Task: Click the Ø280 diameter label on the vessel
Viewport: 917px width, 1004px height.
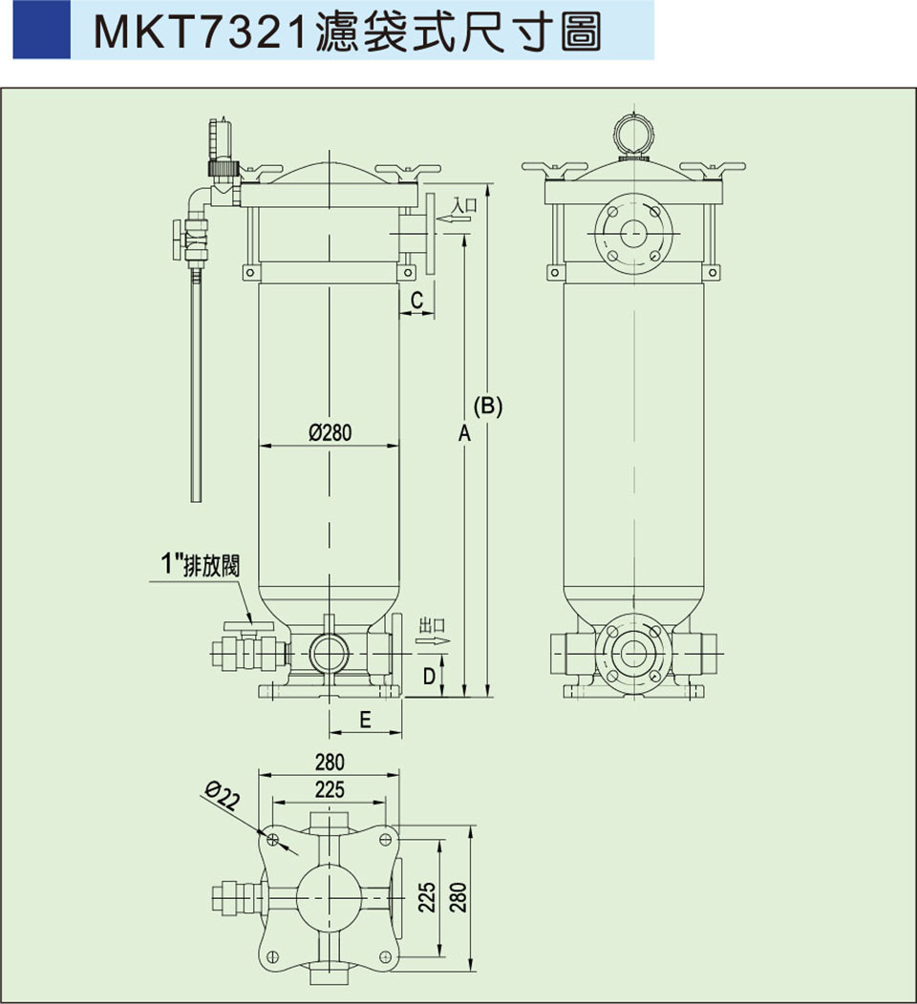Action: pyautogui.click(x=331, y=432)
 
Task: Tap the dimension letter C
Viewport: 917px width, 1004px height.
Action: pyautogui.click(x=416, y=301)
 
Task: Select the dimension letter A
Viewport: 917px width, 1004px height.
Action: pyautogui.click(x=465, y=433)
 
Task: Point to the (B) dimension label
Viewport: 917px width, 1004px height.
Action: pyautogui.click(x=488, y=405)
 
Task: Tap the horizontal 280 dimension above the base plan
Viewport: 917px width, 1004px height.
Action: pyautogui.click(x=330, y=762)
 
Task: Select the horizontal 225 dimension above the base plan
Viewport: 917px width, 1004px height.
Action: pyautogui.click(x=330, y=789)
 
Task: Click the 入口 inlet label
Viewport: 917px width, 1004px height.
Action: pyautogui.click(x=464, y=205)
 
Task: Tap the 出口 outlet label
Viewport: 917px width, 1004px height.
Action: pyautogui.click(x=432, y=625)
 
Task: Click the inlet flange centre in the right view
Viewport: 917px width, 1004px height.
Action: pyautogui.click(x=631, y=230)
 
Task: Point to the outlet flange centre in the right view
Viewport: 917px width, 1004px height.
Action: pyautogui.click(x=631, y=653)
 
